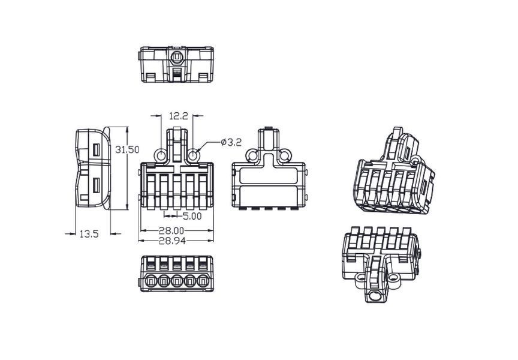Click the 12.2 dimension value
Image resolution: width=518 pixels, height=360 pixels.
tap(179, 116)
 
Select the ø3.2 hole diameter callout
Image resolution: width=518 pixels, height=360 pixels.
tap(231, 142)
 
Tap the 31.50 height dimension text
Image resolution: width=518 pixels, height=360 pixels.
tap(127, 149)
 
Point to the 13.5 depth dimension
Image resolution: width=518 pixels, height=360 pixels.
tap(89, 234)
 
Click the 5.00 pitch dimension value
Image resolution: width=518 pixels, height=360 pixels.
tap(192, 216)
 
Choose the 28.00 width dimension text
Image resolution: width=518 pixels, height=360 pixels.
tap(171, 230)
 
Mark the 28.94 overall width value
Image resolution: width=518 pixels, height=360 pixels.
tap(172, 241)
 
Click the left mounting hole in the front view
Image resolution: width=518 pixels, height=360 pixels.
tap(161, 155)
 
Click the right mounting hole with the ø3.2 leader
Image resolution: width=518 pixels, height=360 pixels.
tap(193, 155)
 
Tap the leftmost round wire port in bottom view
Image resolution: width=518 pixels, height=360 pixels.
tap(151, 281)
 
